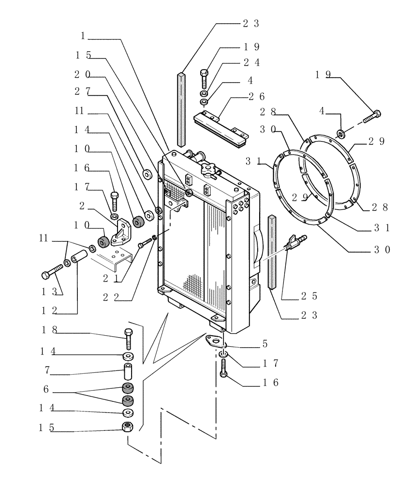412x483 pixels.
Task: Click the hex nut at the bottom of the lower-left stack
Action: tap(128, 427)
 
